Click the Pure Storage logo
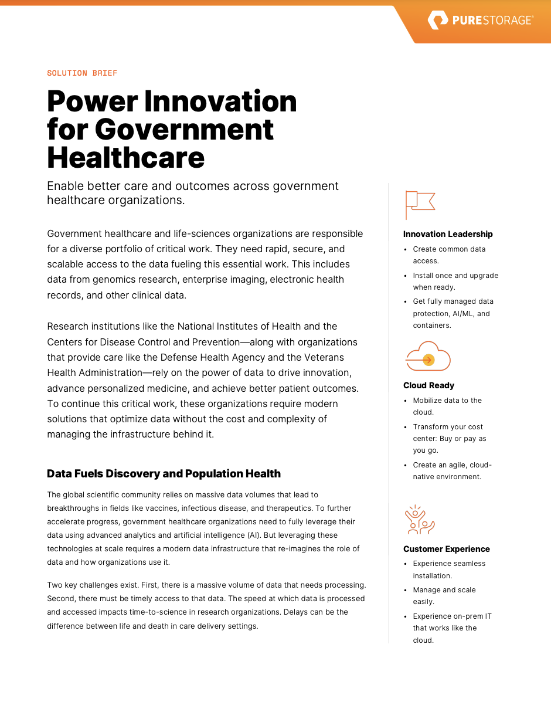click(x=480, y=21)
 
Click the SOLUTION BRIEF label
click(x=82, y=73)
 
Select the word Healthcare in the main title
click(x=125, y=158)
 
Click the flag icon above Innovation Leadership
click(x=420, y=205)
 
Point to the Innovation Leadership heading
click(x=448, y=234)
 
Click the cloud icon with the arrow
click(x=427, y=357)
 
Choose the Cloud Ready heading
click(x=428, y=385)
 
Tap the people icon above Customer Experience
click(x=420, y=520)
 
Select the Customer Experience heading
click(x=446, y=549)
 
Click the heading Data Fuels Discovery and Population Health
click(x=164, y=473)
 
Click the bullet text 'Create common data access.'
click(x=449, y=255)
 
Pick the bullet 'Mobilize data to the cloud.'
click(x=447, y=406)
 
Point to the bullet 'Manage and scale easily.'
click(x=444, y=595)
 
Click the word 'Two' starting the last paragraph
click(x=55, y=585)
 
